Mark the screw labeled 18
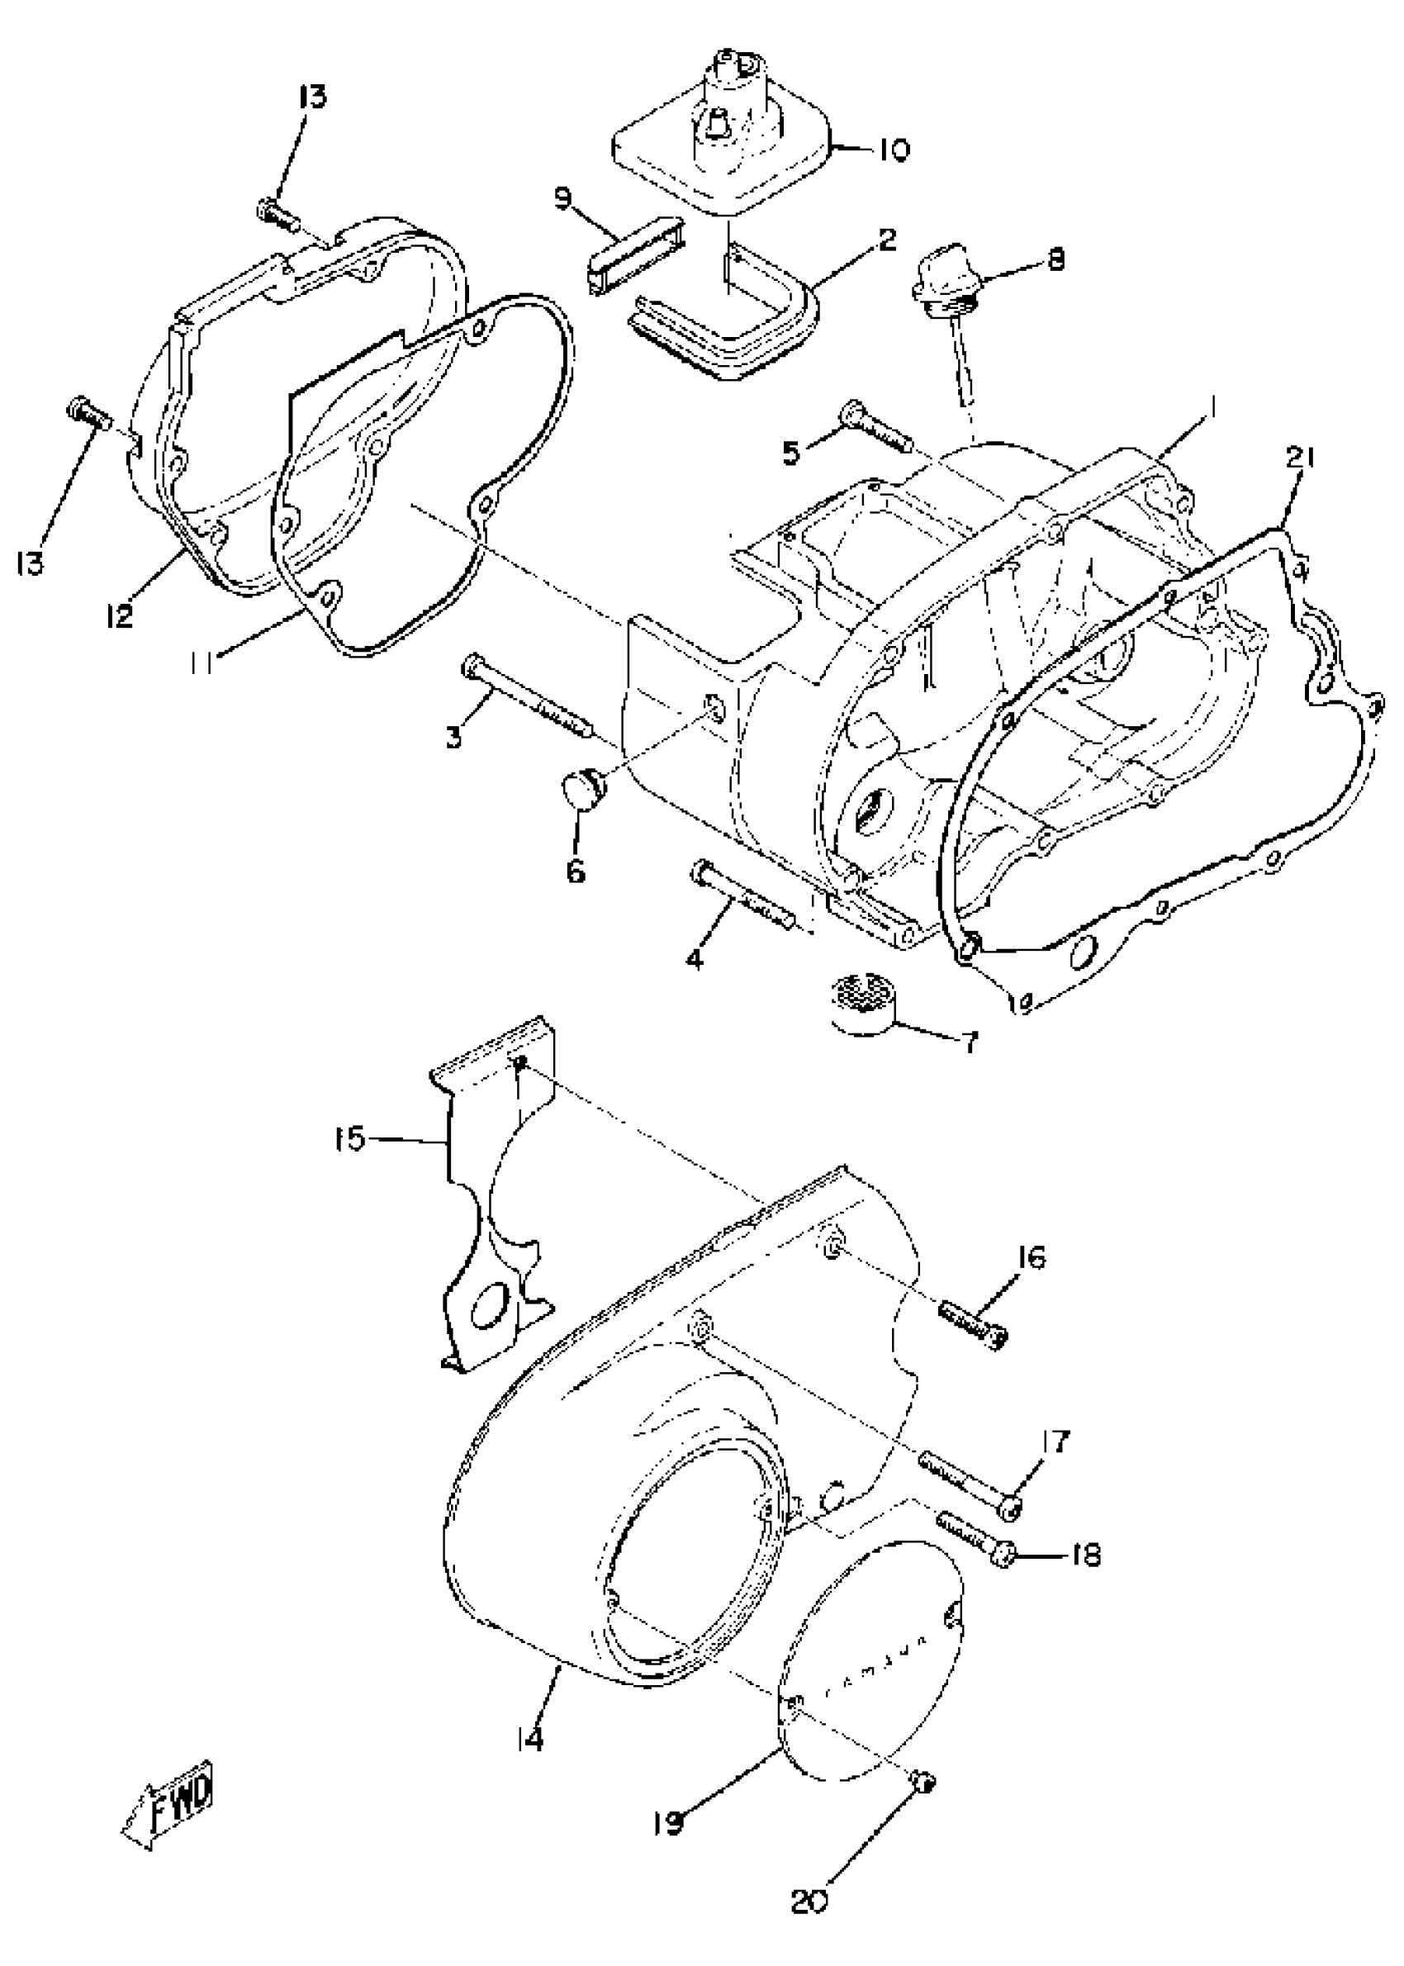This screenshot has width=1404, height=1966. tap(974, 1544)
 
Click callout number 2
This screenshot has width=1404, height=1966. tap(886, 240)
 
